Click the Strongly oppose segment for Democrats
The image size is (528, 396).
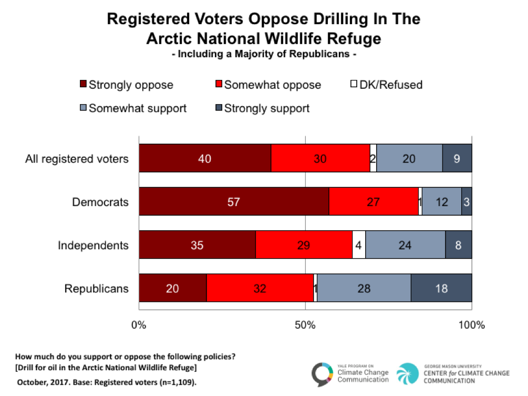pos(234,202)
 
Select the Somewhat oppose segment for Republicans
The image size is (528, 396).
pos(260,288)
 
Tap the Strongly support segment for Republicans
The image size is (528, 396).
pos(441,288)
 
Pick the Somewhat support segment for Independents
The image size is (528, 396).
pos(405,245)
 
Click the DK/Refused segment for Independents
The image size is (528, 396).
pos(359,245)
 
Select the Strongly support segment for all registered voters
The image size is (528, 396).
pos(457,159)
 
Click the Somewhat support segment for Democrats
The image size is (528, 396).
pos(441,202)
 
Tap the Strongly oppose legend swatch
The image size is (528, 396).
pos(83,85)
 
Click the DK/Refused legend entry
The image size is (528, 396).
pos(387,85)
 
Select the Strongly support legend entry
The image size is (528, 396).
pos(262,109)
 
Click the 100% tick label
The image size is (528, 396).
pos(471,325)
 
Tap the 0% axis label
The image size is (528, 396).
pos(139,325)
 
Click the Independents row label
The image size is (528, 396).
pos(93,245)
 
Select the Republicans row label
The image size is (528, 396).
pos(96,288)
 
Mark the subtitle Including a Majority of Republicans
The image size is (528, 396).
pos(264,54)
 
